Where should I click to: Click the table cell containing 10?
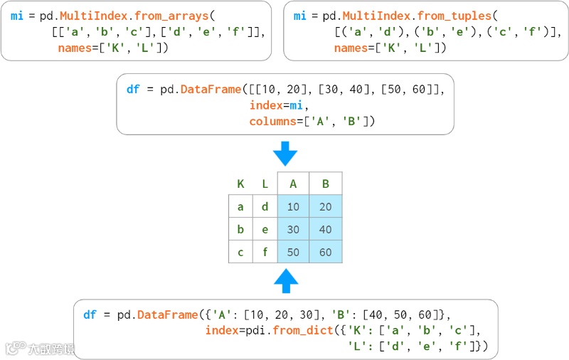click(293, 207)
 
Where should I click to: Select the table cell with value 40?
click(326, 230)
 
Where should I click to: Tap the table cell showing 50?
click(293, 253)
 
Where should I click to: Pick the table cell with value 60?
click(326, 253)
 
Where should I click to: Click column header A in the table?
click(293, 184)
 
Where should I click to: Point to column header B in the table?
click(326, 184)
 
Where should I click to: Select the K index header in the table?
click(240, 184)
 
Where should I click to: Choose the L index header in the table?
click(265, 184)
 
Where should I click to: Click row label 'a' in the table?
click(240, 207)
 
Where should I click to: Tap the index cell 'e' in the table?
click(265, 230)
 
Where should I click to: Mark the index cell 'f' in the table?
click(265, 253)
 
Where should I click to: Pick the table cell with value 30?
click(293, 230)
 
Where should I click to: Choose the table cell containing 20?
click(326, 207)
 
